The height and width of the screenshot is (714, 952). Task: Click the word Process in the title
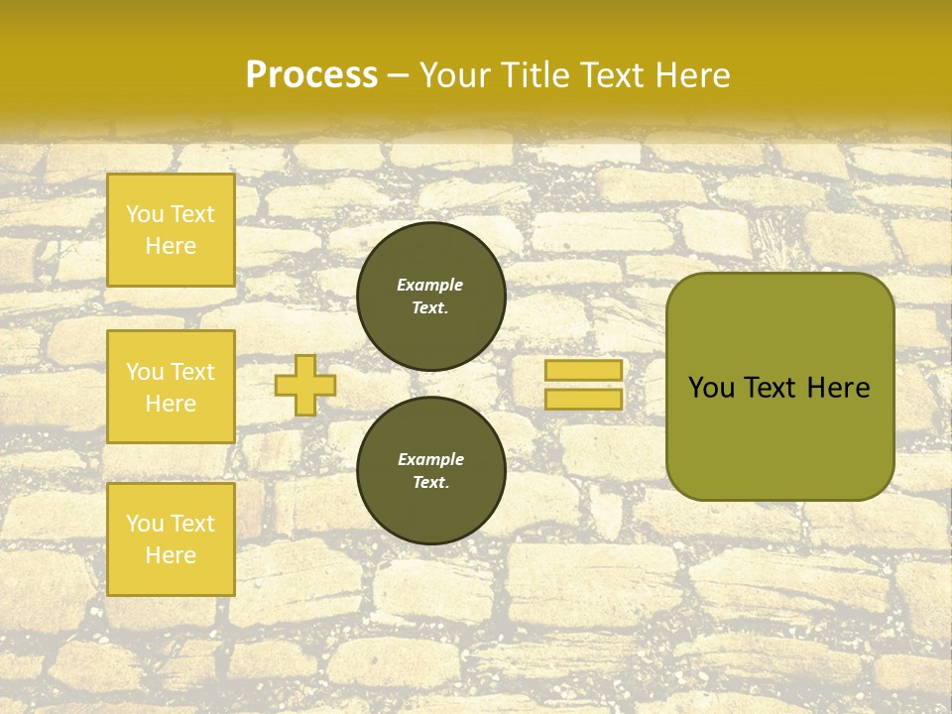311,75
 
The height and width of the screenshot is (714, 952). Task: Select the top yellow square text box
171,230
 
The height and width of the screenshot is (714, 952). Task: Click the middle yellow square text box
171,387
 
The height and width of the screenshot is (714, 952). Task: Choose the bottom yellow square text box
171,539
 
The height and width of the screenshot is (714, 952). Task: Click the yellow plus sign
305,385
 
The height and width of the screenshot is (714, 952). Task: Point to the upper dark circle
430,297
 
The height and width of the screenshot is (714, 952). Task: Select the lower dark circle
430,471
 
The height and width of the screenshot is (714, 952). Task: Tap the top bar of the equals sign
583,371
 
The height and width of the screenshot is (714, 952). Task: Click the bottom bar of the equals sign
583,399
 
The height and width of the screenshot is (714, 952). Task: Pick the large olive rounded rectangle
779,387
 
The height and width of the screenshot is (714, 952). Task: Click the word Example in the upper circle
430,285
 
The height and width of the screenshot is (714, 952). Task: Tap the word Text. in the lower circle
430,483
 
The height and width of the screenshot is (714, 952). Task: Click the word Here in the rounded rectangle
838,388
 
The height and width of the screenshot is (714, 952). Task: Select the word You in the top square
145,214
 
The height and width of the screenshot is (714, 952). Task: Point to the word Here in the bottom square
171,555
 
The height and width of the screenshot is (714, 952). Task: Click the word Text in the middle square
192,372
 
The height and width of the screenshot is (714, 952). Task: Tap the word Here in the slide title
694,75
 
